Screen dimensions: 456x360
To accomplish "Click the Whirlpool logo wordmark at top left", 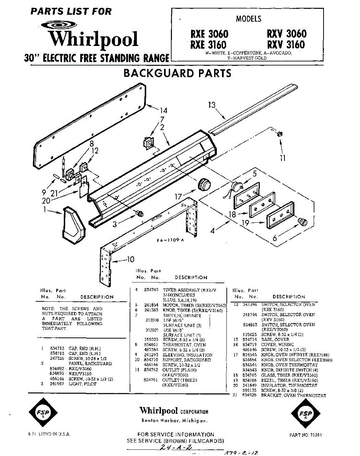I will [93, 39].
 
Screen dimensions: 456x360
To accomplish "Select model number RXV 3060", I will [286, 34].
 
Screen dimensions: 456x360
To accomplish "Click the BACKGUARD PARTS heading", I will [177, 73].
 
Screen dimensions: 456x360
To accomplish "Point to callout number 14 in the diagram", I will [163, 111].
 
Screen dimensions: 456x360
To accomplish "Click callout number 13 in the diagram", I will [212, 105].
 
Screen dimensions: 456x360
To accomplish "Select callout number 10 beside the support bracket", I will [130, 260].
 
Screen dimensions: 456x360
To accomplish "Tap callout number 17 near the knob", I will [178, 197].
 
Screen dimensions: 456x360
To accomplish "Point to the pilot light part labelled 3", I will [140, 214].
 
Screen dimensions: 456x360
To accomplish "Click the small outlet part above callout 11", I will [280, 133].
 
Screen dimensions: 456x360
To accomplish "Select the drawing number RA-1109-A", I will [170, 240].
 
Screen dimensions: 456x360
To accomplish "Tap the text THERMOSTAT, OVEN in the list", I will [184, 345].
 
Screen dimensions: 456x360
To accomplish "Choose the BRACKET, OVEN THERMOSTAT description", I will [294, 396].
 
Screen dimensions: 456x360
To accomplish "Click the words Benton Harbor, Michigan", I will [174, 421].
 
